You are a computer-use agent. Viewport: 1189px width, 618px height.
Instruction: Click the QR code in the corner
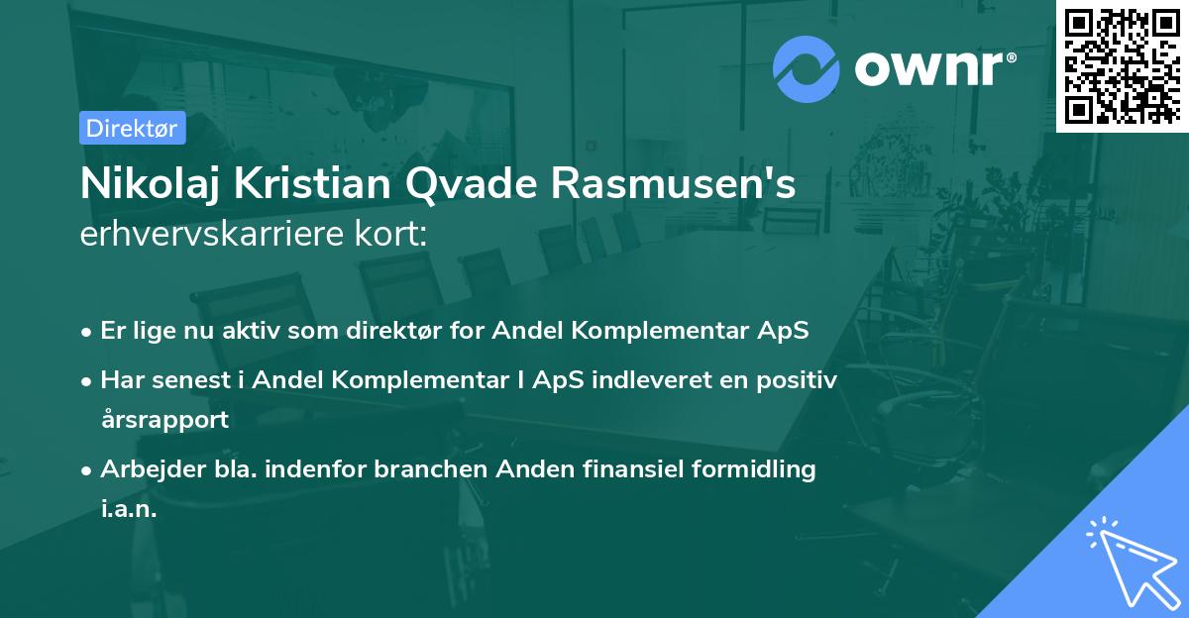pyautogui.click(x=1121, y=65)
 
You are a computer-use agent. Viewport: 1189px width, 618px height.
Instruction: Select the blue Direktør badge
pyautogui.click(x=132, y=128)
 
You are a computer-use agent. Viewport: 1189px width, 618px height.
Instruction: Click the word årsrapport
pyautogui.click(x=164, y=419)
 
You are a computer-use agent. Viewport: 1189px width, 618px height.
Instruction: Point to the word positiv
pyautogui.click(x=804, y=380)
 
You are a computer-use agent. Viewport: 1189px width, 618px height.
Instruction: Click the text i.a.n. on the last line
pyautogui.click(x=129, y=509)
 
